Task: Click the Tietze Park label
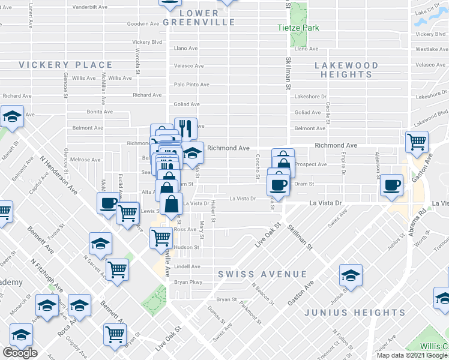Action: click(x=298, y=28)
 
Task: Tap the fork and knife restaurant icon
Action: click(x=185, y=128)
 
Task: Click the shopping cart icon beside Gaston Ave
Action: click(x=417, y=142)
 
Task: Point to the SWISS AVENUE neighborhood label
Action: click(x=262, y=274)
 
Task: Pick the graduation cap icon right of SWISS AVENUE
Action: click(x=351, y=275)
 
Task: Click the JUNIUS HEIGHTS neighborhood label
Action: click(x=354, y=313)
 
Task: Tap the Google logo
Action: click(x=20, y=353)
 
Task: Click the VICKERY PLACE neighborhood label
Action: click(x=65, y=65)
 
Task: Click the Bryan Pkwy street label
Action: click(x=188, y=282)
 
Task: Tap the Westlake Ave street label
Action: click(x=430, y=49)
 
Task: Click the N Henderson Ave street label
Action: click(x=58, y=175)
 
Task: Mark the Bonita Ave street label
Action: click(x=100, y=112)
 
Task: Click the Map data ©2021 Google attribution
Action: click(x=412, y=355)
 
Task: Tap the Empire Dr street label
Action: click(x=345, y=165)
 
